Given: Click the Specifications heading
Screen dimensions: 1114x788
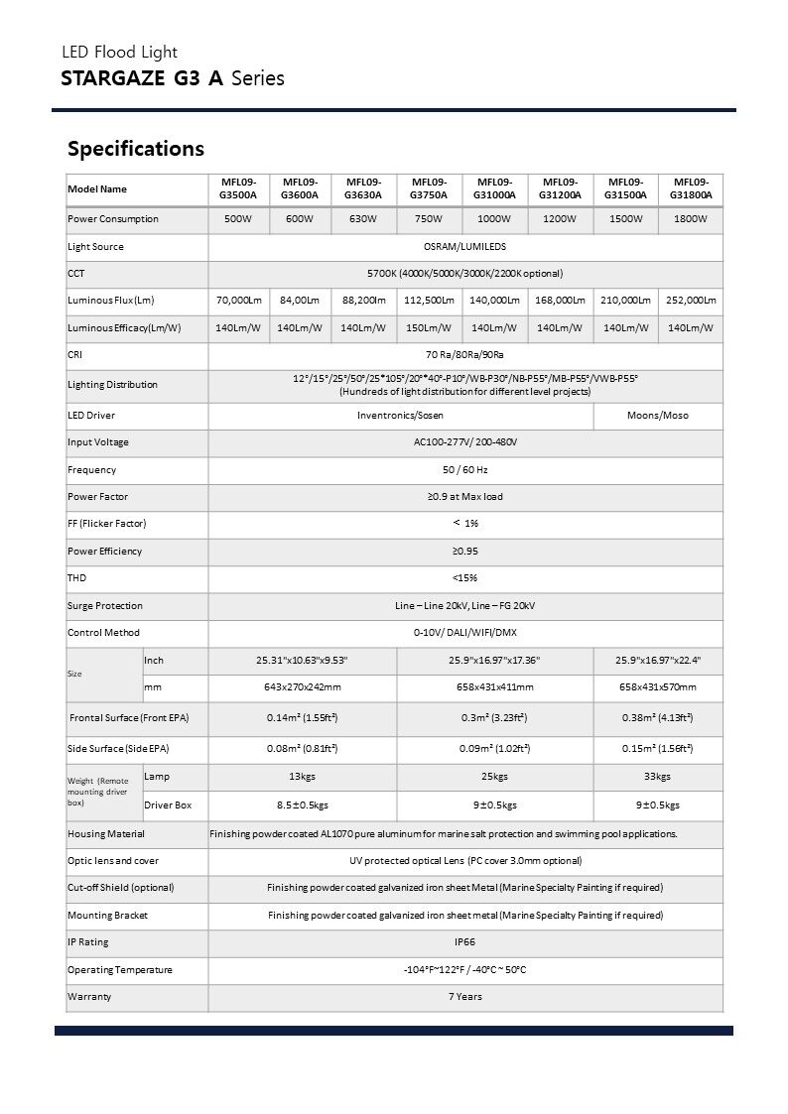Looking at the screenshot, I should tap(136, 149).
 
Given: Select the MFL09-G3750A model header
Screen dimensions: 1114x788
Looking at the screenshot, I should tap(429, 188).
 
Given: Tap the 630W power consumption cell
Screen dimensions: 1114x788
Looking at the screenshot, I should tap(364, 219).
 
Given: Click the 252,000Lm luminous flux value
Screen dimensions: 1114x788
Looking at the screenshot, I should tap(691, 301).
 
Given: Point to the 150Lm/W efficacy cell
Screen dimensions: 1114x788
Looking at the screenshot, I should tap(429, 327).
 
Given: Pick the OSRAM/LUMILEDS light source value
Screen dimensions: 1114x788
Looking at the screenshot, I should tap(464, 246).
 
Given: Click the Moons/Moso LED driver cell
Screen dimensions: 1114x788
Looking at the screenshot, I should tap(657, 415).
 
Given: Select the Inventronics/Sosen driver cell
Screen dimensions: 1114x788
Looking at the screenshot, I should tap(400, 415).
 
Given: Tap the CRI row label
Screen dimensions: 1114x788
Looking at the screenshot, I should tap(74, 354).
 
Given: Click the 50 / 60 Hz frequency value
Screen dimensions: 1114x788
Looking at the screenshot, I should tap(464, 469).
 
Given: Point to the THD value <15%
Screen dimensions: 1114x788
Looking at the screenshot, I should tap(464, 577).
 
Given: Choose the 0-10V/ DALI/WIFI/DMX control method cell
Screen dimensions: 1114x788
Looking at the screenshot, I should tap(464, 632).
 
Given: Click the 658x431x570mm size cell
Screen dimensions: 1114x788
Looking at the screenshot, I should tap(657, 686).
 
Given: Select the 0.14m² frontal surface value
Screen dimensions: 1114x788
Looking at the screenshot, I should tap(302, 717).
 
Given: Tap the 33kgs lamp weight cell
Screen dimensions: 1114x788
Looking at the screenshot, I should tap(657, 777).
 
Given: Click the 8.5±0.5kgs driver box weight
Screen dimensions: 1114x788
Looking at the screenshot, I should tap(302, 805).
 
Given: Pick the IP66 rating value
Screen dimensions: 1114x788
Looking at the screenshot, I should tap(464, 941).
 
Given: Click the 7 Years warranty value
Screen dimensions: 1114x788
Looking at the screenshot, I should tap(464, 996).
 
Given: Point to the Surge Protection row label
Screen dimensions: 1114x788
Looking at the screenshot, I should tap(105, 605).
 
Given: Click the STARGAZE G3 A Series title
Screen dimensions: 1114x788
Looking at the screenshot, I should tap(173, 77).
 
